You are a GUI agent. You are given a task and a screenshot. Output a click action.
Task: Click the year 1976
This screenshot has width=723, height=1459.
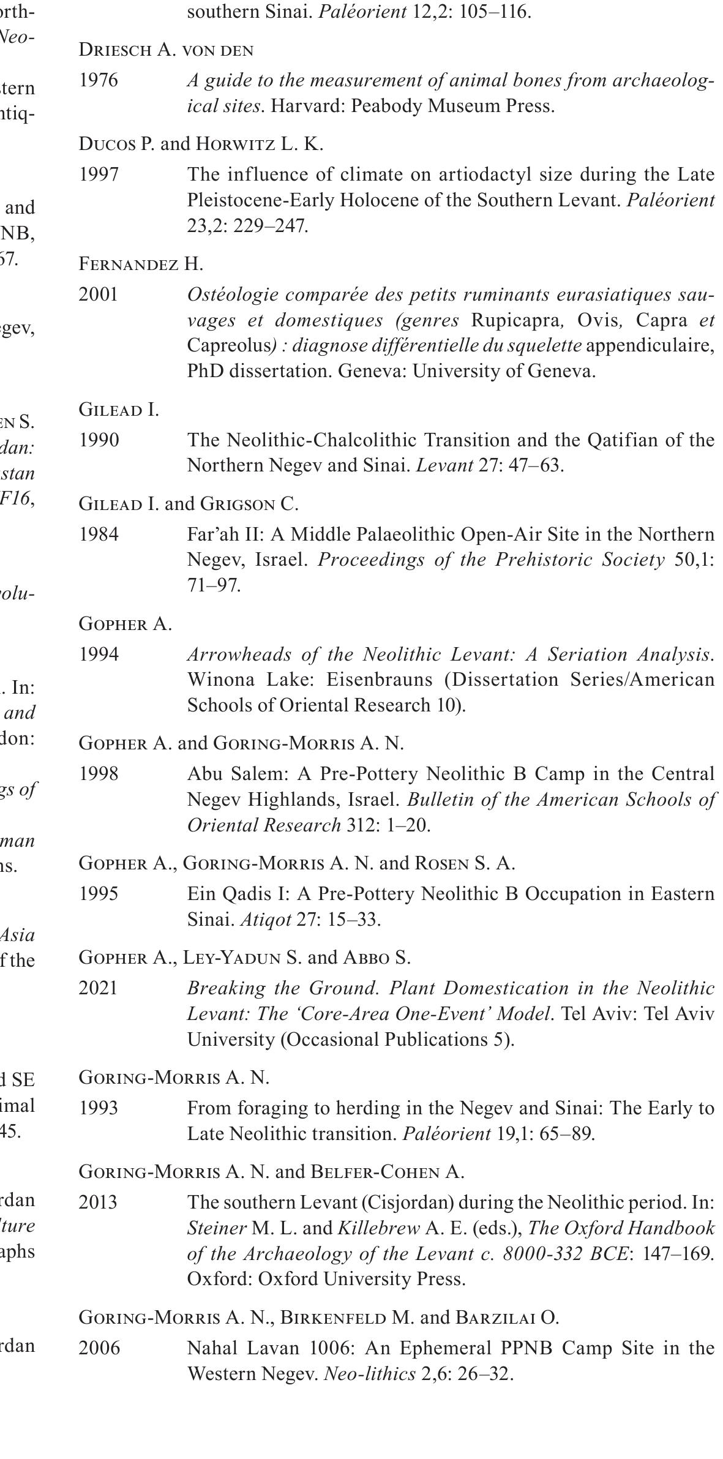[98, 81]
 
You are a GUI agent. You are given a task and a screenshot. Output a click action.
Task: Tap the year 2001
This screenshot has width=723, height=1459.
[98, 294]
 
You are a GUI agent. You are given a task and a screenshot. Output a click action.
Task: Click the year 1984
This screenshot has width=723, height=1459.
[98, 534]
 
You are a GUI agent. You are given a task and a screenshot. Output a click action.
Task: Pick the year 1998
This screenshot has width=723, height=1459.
[98, 774]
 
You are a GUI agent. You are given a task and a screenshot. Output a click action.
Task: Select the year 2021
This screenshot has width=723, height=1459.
[98, 988]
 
